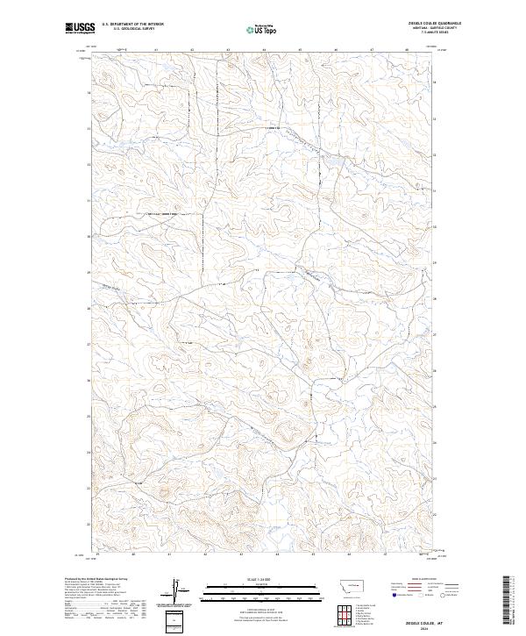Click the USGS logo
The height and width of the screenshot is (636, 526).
pyautogui.click(x=80, y=28)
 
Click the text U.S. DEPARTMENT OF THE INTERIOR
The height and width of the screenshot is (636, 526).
pyautogui.click(x=132, y=25)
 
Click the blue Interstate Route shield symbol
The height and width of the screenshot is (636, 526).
pyautogui.click(x=390, y=594)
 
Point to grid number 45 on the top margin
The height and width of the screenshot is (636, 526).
pyautogui.click(x=300, y=50)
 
